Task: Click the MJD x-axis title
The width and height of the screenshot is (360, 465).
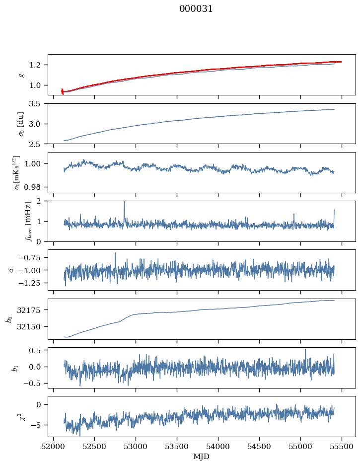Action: tap(202, 456)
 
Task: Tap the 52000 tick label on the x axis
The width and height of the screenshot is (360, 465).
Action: tap(54, 446)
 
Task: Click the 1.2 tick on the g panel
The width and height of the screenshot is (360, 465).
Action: tap(38, 65)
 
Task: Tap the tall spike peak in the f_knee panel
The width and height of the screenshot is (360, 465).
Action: tap(124, 202)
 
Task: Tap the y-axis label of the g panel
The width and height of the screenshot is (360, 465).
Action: tap(21, 75)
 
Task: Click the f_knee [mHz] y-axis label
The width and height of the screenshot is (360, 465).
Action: tap(13, 221)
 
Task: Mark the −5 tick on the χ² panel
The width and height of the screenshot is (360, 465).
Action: tap(38, 425)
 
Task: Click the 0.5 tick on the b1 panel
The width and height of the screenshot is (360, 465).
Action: tap(36, 350)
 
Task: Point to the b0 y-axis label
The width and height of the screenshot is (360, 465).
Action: tap(8, 318)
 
